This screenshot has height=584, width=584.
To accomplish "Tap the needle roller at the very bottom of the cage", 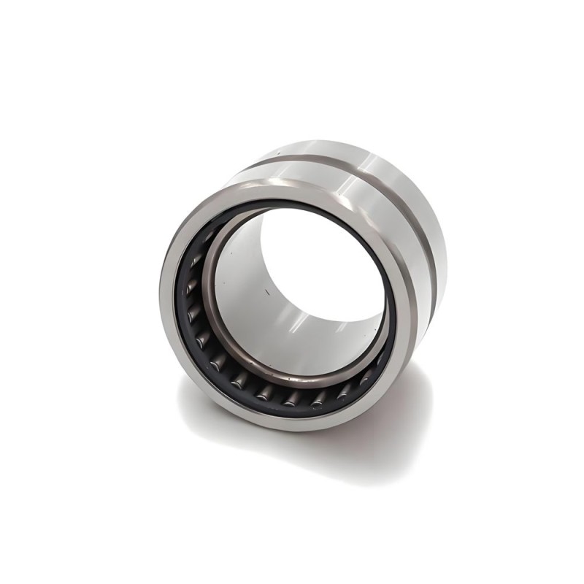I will [x=292, y=399].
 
